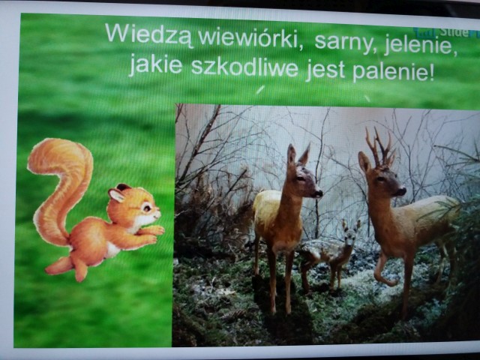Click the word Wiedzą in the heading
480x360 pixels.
[x=150, y=34]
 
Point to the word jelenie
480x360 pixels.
[x=419, y=46]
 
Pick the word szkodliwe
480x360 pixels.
[x=244, y=67]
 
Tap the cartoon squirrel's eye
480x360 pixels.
[x=147, y=208]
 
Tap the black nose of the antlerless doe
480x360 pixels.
[x=318, y=193]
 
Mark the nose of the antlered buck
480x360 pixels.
[x=402, y=191]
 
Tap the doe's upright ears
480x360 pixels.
[x=298, y=155]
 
